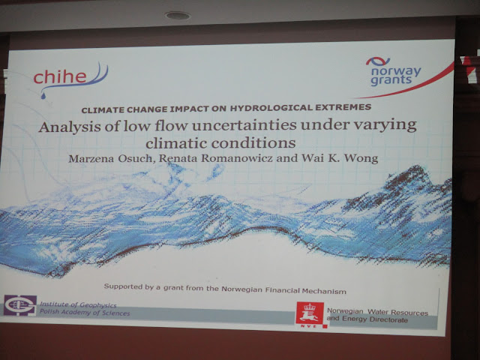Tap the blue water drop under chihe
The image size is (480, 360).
pyautogui.click(x=43, y=96)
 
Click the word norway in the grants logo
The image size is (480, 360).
pyautogui.click(x=396, y=72)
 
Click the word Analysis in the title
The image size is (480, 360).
pyautogui.click(x=70, y=127)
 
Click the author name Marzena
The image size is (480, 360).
pyautogui.click(x=91, y=158)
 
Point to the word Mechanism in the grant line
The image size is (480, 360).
pyautogui.click(x=324, y=291)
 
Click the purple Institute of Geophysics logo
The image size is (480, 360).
pyautogui.click(x=20, y=305)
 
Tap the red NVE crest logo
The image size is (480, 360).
pyautogui.click(x=310, y=315)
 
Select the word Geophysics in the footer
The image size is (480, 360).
pyautogui.click(x=97, y=305)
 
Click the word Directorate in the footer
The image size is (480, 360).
pyautogui.click(x=388, y=320)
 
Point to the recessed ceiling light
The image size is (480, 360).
pyautogui.click(x=178, y=15)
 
